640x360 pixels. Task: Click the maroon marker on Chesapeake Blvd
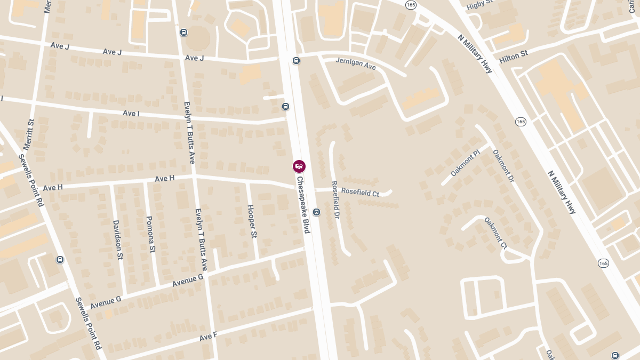299,166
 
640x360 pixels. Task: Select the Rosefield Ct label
360,192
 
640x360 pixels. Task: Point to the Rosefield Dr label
335,200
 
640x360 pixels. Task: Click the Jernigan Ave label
356,64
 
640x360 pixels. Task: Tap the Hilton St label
514,57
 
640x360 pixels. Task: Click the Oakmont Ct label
495,233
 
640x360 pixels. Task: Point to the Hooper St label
252,221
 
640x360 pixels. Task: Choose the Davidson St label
117,239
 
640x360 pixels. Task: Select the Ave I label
131,113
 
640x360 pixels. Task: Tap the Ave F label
208,337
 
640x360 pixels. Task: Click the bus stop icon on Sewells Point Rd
60,260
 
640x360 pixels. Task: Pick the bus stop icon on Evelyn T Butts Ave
183,32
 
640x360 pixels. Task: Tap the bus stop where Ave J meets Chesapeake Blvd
296,60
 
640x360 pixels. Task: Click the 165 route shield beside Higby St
410,5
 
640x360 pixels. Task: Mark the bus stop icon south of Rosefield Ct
316,212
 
